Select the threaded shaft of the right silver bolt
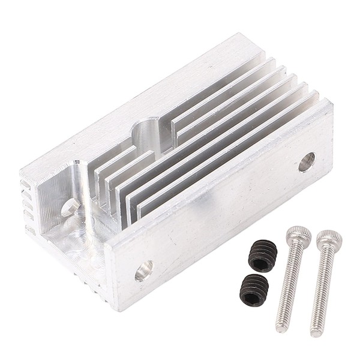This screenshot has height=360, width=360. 319,288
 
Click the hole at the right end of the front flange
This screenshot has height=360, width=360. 307,161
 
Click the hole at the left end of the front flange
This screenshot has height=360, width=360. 143,272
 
